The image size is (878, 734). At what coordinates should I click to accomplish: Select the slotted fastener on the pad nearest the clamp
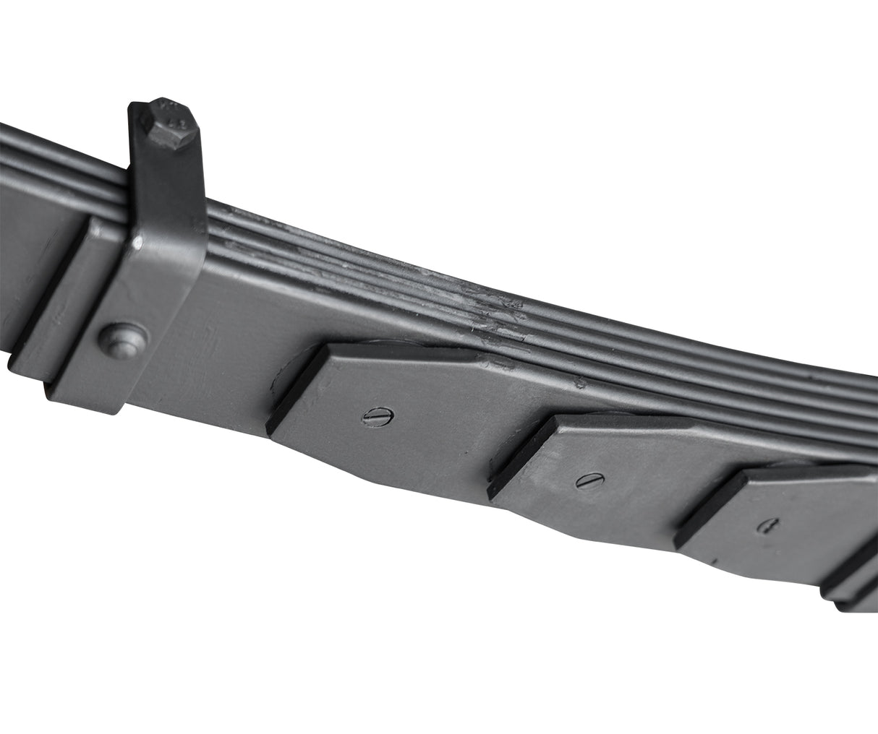[378, 417]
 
